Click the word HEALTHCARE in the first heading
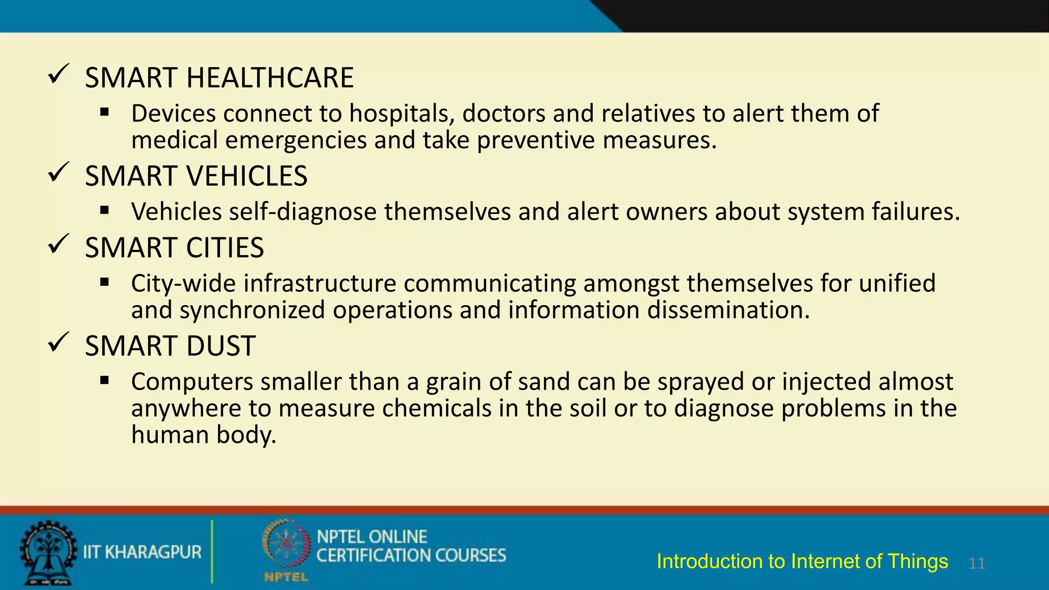pyautogui.click(x=270, y=78)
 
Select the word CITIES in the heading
pyautogui.click(x=225, y=248)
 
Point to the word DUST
pyautogui.click(x=221, y=346)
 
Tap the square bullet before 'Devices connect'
pyautogui.click(x=105, y=112)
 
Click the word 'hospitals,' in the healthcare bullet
pyautogui.click(x=402, y=113)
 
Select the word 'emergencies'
pyautogui.click(x=296, y=140)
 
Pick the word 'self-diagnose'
pyautogui.click(x=303, y=212)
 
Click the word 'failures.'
pyautogui.click(x=916, y=212)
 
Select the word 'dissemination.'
pyautogui.click(x=729, y=310)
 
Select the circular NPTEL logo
pyautogui.click(x=286, y=546)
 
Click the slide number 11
pyautogui.click(x=977, y=563)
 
